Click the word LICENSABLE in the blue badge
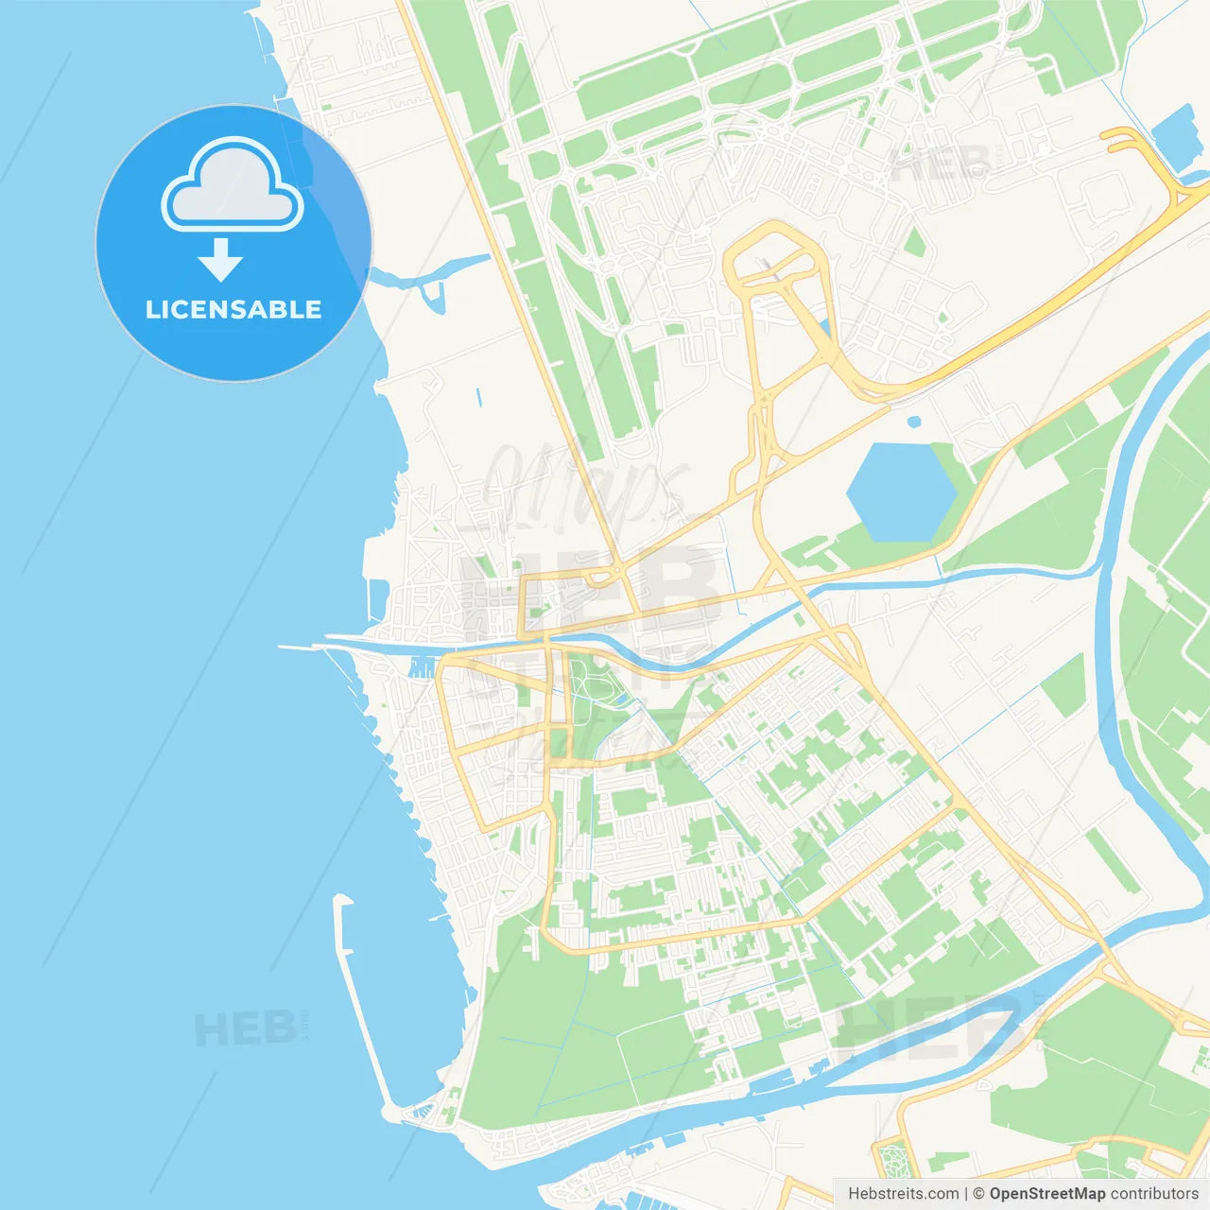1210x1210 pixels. (x=233, y=309)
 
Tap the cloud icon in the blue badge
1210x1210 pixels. (x=233, y=187)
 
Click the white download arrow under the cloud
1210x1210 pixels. (x=221, y=260)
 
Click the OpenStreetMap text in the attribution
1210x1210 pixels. (x=1046, y=1194)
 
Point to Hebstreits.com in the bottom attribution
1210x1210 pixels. (x=904, y=1194)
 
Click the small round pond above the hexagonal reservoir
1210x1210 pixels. (x=913, y=422)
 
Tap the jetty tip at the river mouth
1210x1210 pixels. (x=284, y=648)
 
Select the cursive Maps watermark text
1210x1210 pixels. (x=586, y=482)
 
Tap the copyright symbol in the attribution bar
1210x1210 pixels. (x=978, y=1194)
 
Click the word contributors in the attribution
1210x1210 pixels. (x=1154, y=1194)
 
